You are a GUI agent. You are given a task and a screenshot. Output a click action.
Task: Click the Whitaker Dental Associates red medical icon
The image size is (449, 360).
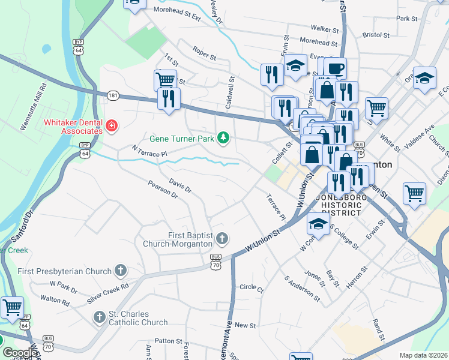click(111, 125)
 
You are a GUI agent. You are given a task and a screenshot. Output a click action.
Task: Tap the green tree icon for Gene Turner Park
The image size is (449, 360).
click(223, 138)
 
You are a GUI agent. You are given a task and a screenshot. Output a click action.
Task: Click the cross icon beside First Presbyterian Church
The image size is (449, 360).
click(121, 271)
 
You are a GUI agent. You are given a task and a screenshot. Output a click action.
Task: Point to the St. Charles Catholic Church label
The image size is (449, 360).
click(138, 318)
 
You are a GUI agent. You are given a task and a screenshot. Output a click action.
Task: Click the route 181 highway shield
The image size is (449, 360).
click(113, 95)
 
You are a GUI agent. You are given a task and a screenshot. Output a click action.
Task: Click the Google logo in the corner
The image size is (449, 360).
click(19, 353)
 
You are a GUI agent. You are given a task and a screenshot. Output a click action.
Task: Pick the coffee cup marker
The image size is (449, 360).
click(336, 67)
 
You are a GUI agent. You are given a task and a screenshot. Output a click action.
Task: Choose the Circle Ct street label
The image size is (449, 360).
click(251, 288)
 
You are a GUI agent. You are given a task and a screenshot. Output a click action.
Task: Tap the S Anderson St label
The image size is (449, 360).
click(302, 288)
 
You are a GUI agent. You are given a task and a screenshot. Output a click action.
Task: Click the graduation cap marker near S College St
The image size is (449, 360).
click(318, 224)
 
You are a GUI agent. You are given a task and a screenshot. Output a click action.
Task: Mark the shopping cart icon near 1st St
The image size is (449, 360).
click(165, 79)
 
